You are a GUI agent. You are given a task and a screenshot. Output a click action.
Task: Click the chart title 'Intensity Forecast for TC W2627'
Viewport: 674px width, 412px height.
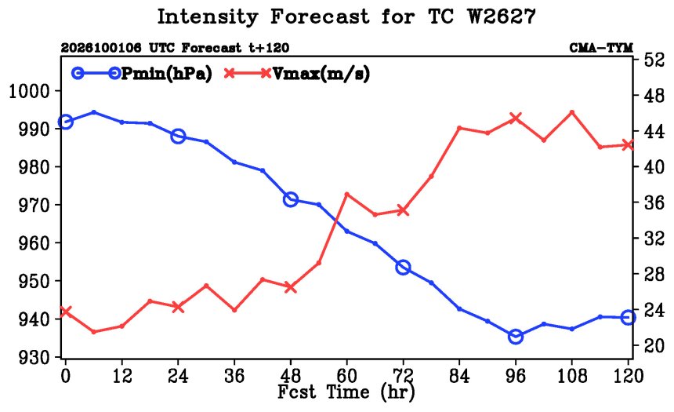tap(346, 17)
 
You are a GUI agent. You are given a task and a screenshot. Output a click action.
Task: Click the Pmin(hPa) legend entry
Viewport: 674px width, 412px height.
tap(142, 74)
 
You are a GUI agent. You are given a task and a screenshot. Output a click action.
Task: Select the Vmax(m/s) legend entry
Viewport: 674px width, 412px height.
tap(297, 74)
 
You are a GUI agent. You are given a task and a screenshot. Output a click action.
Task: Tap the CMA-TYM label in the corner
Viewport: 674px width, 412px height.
tap(601, 47)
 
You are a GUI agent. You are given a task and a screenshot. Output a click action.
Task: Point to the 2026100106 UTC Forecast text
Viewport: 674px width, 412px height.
tap(151, 47)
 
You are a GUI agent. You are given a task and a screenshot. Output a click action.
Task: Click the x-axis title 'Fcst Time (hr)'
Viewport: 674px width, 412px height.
tap(346, 392)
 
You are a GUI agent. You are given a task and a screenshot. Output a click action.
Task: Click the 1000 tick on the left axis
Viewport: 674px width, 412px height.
tap(29, 91)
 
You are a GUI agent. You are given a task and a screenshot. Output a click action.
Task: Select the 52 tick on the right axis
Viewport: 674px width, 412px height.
tap(654, 60)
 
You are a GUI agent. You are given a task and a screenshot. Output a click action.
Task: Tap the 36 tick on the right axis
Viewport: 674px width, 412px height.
tap(654, 202)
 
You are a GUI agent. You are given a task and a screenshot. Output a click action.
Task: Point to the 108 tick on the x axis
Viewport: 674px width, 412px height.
tap(572, 376)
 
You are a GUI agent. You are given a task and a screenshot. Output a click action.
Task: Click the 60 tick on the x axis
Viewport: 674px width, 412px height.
tap(346, 376)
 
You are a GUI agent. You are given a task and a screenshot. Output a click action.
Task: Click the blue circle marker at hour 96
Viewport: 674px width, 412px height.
tap(516, 337)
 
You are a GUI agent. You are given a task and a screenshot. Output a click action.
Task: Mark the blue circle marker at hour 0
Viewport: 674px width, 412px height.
tap(65, 122)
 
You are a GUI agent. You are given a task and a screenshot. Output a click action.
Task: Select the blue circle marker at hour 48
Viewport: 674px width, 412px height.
tap(291, 199)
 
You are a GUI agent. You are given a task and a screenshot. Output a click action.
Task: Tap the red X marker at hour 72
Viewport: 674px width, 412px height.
tap(403, 210)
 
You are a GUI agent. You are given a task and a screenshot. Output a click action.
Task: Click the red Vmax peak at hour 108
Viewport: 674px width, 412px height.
tap(571, 112)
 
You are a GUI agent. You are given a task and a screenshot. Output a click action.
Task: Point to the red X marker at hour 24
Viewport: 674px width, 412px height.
tap(178, 307)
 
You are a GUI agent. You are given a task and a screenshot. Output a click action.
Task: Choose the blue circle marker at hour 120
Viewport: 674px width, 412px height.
tap(628, 317)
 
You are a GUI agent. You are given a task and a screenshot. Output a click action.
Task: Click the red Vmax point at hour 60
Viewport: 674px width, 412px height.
tap(347, 194)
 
